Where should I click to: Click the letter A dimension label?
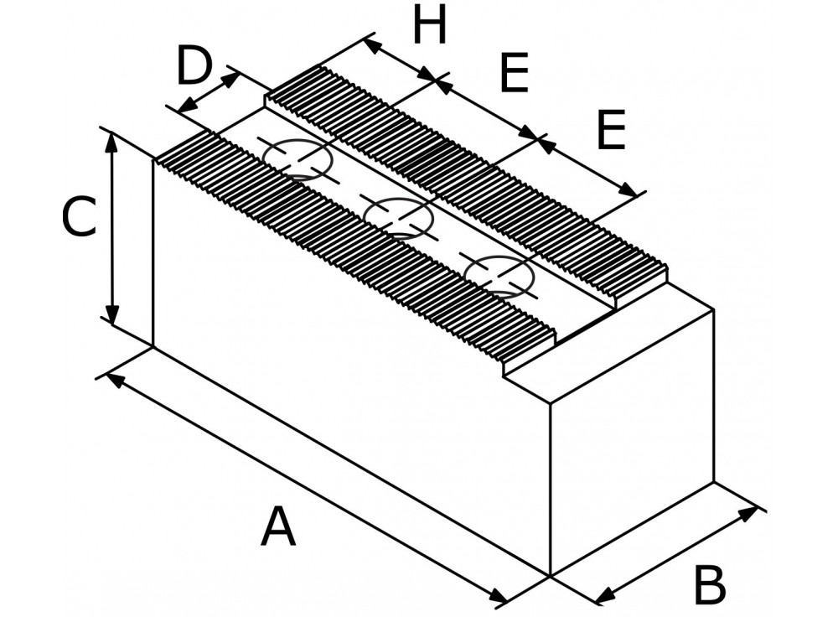278,527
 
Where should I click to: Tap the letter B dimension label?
710,585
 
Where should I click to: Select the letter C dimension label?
79,217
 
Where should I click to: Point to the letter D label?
194,66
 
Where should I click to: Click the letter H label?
430,25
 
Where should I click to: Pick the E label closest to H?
514,72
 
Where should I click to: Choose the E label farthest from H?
611,130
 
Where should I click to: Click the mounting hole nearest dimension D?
297,160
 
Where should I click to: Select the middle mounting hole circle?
398,218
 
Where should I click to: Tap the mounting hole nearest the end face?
499,277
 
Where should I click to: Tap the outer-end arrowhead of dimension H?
372,46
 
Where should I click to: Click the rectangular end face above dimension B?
633,441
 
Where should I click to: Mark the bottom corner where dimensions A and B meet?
551,576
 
